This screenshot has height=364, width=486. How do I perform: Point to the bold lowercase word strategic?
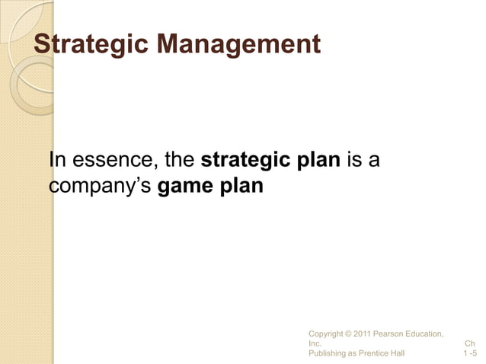click(x=245, y=162)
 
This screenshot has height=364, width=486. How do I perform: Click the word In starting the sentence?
click(x=57, y=162)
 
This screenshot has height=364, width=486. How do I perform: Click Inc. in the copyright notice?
click(x=315, y=343)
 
